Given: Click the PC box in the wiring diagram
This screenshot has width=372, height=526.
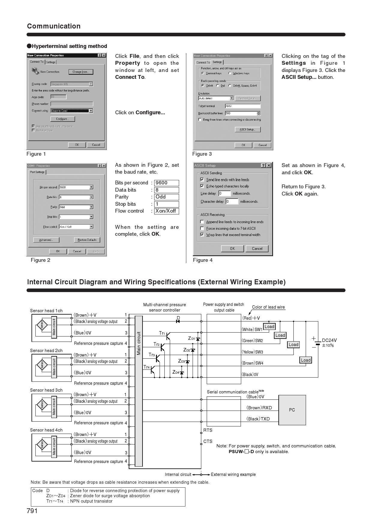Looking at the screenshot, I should pyautogui.click(x=292, y=410).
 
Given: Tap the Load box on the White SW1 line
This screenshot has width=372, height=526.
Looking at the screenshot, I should pyautogui.click(x=269, y=327).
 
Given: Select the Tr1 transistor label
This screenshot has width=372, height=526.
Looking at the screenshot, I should pyautogui.click(x=162, y=333).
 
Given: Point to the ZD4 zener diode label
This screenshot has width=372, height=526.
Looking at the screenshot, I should pyautogui.click(x=176, y=372).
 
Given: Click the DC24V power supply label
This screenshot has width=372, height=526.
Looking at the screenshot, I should pyautogui.click(x=329, y=340).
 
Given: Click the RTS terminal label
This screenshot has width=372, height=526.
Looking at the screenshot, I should pyautogui.click(x=208, y=430).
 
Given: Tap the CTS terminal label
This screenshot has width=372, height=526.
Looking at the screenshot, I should pyautogui.click(x=208, y=441).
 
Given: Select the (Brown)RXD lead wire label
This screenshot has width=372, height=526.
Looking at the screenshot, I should pyautogui.click(x=259, y=408).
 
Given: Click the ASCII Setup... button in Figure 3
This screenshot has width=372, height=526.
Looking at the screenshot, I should pyautogui.click(x=247, y=130).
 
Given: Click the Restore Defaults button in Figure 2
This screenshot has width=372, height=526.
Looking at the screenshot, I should pyautogui.click(x=87, y=240).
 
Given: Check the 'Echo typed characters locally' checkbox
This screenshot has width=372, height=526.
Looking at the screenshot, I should pyautogui.click(x=202, y=186).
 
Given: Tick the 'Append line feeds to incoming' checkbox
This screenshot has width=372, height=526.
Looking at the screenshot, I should pyautogui.click(x=202, y=222).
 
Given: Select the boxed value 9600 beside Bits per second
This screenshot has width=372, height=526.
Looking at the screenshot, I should pyautogui.click(x=166, y=183).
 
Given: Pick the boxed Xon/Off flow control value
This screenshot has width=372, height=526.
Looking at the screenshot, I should pyautogui.click(x=166, y=211).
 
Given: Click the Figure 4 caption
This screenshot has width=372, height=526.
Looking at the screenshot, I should pyautogui.click(x=203, y=260).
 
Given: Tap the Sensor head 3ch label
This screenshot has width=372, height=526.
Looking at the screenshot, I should pyautogui.click(x=46, y=390).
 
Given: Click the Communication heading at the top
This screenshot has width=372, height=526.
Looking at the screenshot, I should pyautogui.click(x=54, y=26).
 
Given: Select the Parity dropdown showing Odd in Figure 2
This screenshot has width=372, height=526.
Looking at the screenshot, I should pyautogui.click(x=76, y=207).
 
